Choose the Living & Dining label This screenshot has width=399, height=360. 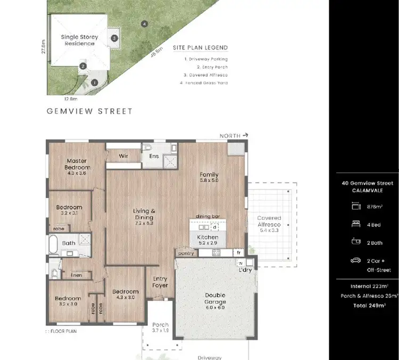tap(144, 214)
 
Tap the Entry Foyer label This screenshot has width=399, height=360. tap(160, 282)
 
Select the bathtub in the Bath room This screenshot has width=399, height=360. tap(54, 244)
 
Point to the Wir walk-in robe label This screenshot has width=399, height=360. tap(123, 156)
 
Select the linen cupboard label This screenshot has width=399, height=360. tap(76, 275)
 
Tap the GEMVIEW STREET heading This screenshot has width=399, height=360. tap(89, 111)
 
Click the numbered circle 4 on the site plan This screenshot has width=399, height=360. tap(144, 23)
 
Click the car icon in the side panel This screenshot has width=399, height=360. tap(355, 260)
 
